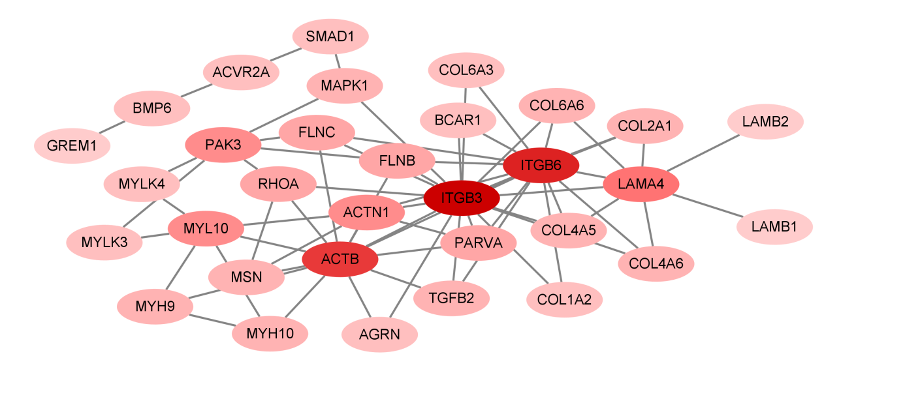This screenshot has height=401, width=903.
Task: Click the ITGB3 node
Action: [x=462, y=198]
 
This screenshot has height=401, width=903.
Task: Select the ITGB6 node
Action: [x=541, y=166]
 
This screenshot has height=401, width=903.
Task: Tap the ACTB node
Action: [x=340, y=260]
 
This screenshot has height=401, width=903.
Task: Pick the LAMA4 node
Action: [x=641, y=185]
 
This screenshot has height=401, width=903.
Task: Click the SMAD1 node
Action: [x=330, y=37]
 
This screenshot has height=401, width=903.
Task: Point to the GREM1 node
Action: [x=72, y=145]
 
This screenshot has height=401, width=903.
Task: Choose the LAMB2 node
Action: [x=765, y=121]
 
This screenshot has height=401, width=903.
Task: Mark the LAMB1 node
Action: [x=774, y=227]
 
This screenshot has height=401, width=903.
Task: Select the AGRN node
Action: [x=379, y=335]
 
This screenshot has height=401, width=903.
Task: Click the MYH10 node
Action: [x=270, y=334]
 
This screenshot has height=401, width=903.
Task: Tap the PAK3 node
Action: [x=223, y=145]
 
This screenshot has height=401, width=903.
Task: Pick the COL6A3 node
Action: [x=466, y=70]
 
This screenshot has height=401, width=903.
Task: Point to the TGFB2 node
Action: [x=451, y=298]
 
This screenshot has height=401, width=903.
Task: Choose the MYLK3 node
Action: [x=104, y=243]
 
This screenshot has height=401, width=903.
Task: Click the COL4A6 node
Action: [x=656, y=263]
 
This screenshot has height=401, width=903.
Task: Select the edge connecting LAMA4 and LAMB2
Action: [x=703, y=153]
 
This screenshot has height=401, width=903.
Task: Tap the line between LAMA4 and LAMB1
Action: [x=708, y=206]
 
